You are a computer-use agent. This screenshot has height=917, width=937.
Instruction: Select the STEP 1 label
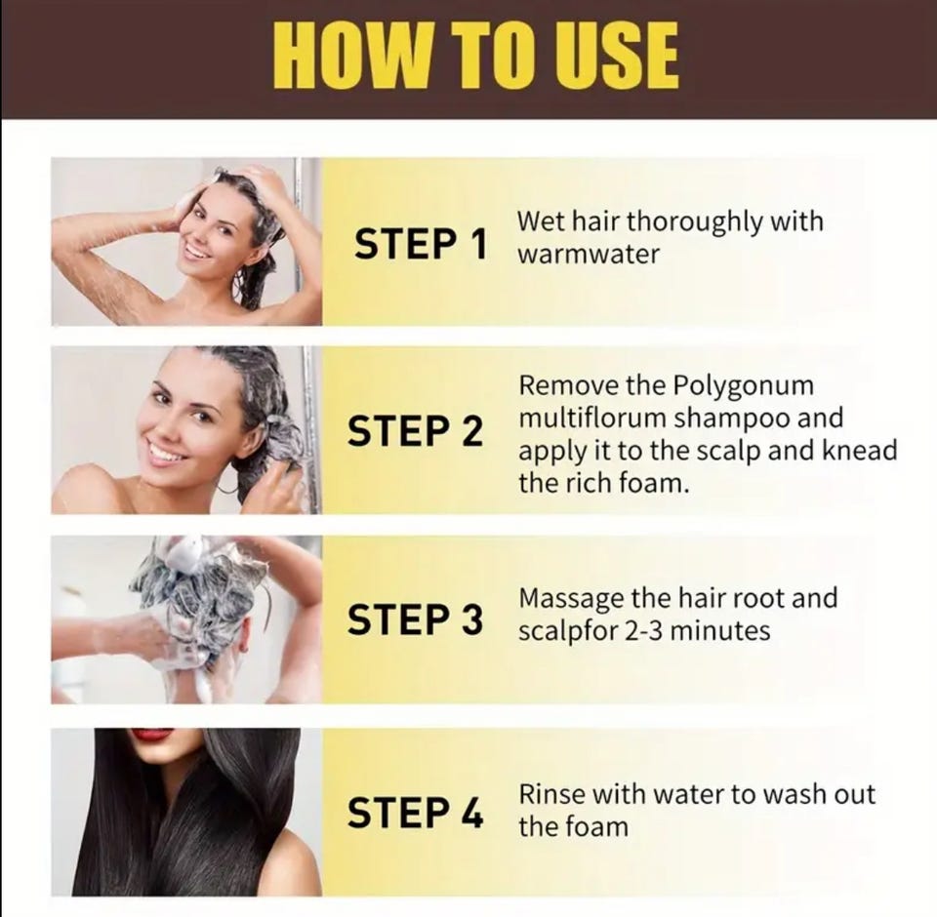pyautogui.click(x=421, y=244)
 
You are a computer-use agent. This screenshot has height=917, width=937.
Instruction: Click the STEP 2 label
pyautogui.click(x=416, y=431)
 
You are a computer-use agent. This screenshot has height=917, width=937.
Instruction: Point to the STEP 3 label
pyautogui.click(x=416, y=618)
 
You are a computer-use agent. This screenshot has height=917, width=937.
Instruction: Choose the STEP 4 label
pyautogui.click(x=416, y=813)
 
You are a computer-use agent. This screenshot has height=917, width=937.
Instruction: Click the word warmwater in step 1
pyautogui.click(x=589, y=254)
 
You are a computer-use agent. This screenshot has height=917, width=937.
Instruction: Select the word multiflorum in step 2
pyautogui.click(x=592, y=418)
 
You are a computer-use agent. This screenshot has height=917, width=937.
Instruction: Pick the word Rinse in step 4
pyautogui.click(x=550, y=794)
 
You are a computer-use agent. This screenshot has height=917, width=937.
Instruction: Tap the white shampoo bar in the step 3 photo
pyautogui.click(x=186, y=550)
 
